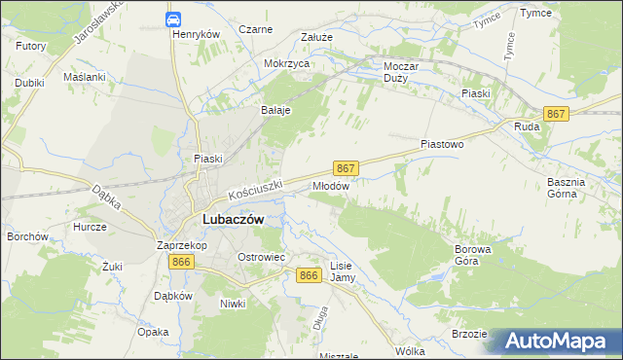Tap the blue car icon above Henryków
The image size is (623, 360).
pyautogui.click(x=172, y=18)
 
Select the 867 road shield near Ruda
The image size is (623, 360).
pyautogui.click(x=556, y=114)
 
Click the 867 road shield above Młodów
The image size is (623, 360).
pyautogui.click(x=347, y=167)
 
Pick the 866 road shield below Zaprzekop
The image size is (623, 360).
pyautogui.click(x=179, y=263)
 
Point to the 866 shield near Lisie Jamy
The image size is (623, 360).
pyautogui.click(x=309, y=276)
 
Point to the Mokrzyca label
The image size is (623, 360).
pyautogui.click(x=286, y=63)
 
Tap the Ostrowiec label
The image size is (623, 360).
pyautogui.click(x=261, y=256)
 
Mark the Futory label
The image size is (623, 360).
pyautogui.click(x=31, y=45)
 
